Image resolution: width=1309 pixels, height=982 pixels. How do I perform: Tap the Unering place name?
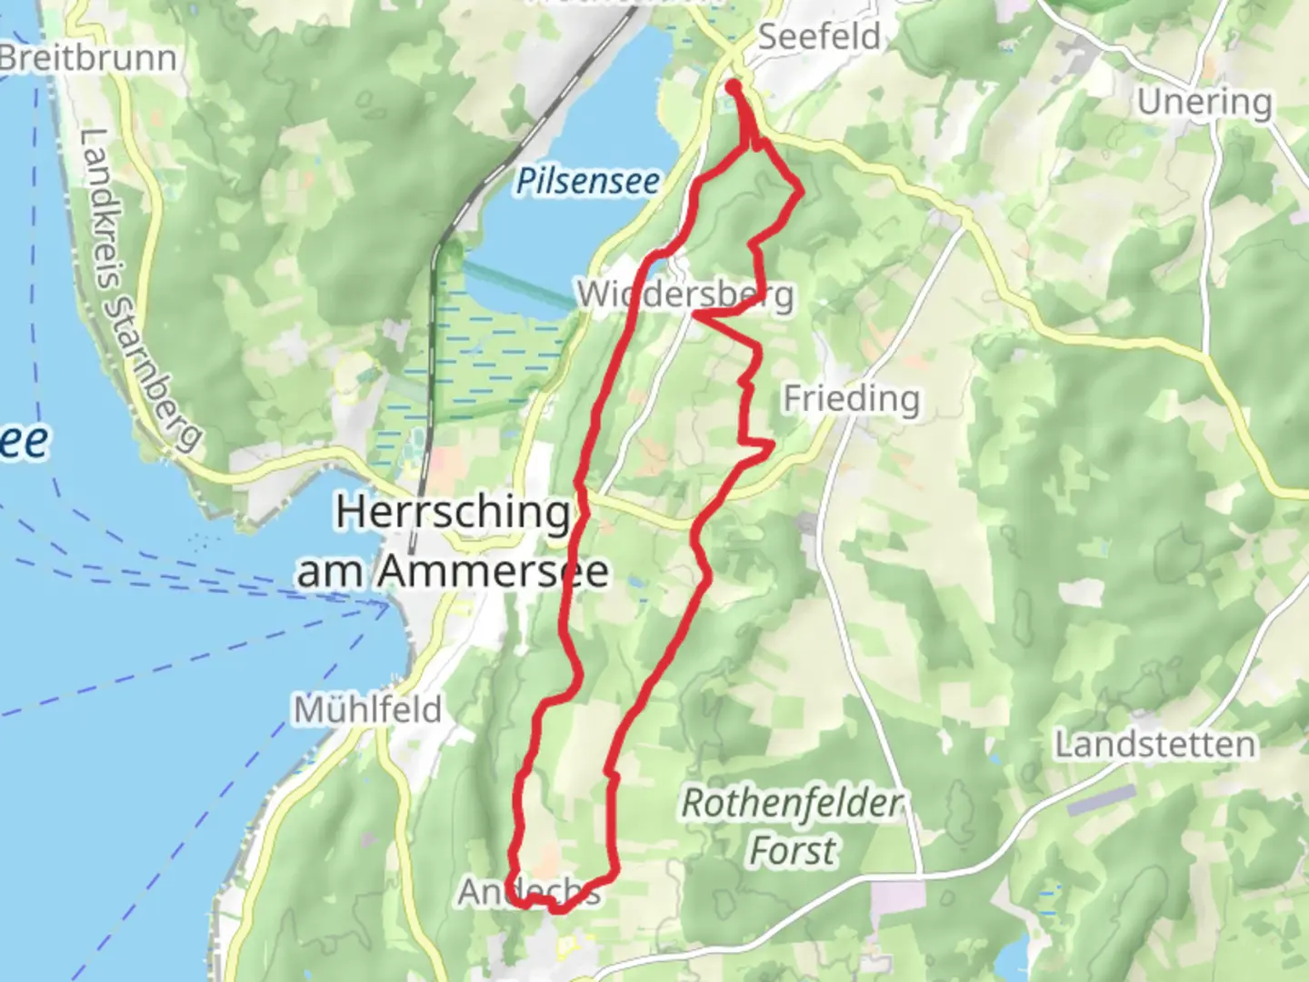click(1204, 102)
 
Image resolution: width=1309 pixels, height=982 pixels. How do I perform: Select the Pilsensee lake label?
click(588, 181)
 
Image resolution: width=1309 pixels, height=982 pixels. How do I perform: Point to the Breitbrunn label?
click(88, 58)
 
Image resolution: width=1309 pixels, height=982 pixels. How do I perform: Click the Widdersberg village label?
click(684, 295)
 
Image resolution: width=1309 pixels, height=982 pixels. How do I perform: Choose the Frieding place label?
click(852, 398)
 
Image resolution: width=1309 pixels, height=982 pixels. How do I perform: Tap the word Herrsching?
click(452, 513)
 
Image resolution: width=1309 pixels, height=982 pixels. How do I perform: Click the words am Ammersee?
click(452, 573)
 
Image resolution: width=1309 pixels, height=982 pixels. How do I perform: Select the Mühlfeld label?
click(367, 709)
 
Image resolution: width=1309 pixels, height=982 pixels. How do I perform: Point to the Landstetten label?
click(1154, 745)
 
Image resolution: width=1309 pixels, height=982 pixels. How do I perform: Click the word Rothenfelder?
click(792, 804)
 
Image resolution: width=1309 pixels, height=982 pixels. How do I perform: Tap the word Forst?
click(792, 852)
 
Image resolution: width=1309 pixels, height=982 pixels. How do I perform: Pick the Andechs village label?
click(529, 892)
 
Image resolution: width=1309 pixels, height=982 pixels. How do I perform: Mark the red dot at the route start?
click(733, 86)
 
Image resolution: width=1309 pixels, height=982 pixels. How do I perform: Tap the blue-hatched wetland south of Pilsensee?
click(482, 364)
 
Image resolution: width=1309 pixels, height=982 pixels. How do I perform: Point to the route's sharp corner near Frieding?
click(772, 445)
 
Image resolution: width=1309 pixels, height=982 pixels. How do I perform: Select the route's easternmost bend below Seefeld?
click(800, 191)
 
